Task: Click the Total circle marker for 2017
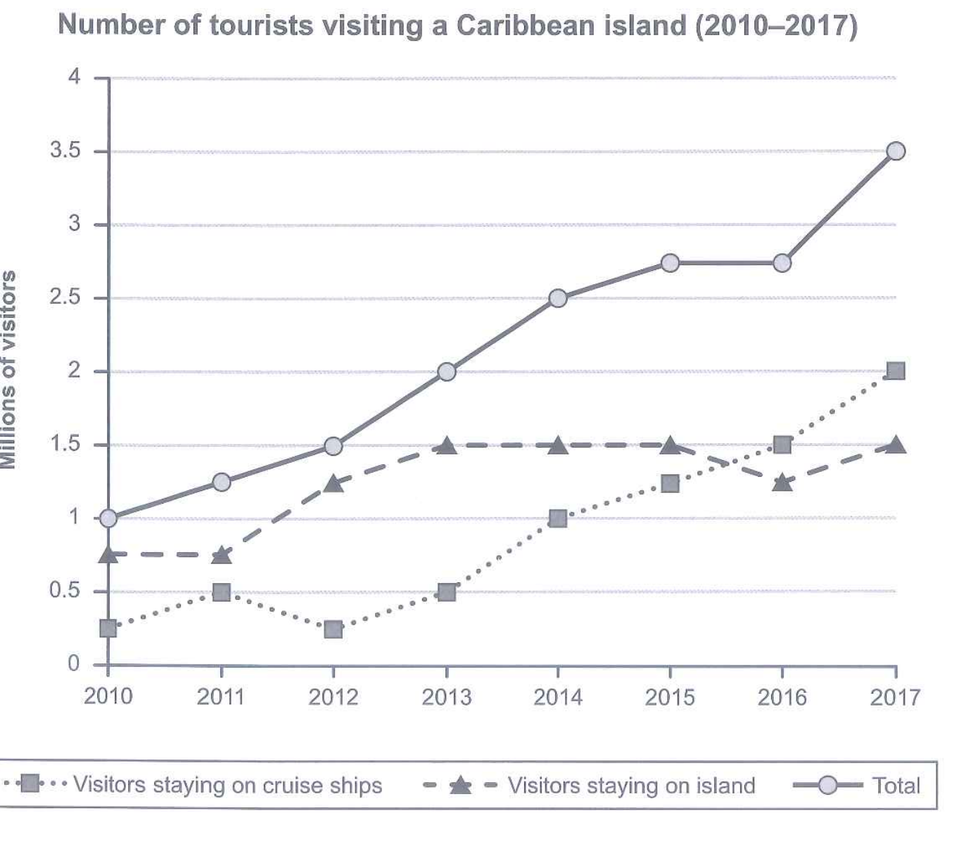[x=895, y=151]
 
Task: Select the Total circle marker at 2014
[x=558, y=298]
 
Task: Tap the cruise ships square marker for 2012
[x=333, y=629]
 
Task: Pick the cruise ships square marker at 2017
[x=895, y=371]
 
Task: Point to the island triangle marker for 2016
[x=782, y=483]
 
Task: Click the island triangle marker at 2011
[x=221, y=554]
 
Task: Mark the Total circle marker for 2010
[x=108, y=518]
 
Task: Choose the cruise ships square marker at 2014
[x=558, y=518]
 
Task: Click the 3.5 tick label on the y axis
[x=65, y=151]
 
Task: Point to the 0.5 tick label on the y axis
[x=65, y=591]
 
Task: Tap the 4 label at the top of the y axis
[x=74, y=77]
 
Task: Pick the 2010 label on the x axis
[x=108, y=696]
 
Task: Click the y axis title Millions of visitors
[x=8, y=369]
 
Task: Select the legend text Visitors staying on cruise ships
[x=228, y=785]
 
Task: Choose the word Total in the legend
[x=896, y=786]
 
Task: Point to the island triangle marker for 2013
[x=446, y=445]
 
